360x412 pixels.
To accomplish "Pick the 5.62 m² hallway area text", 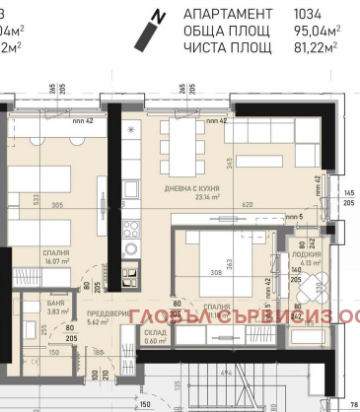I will click(97, 321).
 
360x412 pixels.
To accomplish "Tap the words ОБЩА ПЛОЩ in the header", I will click(227, 30).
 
